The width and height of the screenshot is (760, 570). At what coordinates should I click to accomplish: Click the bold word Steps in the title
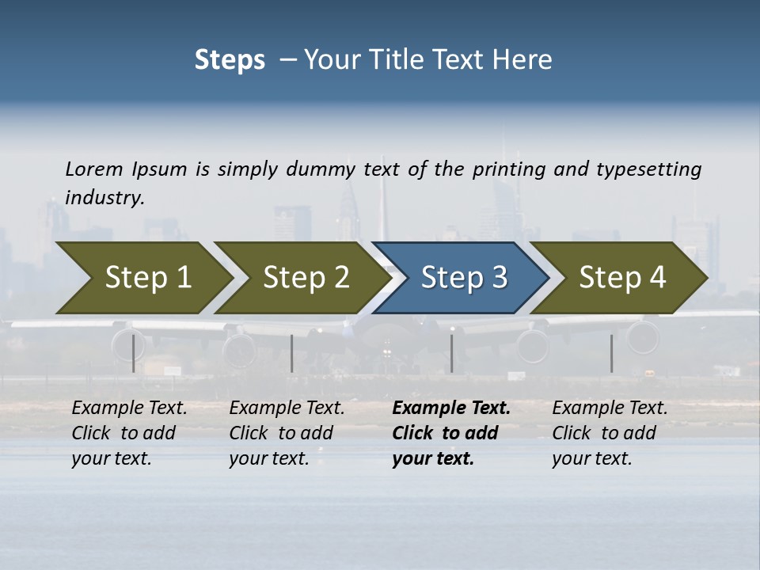(230, 60)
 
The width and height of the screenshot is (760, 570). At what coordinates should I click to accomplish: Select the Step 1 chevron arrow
(142, 277)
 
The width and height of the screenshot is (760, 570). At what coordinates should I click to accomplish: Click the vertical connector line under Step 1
(133, 353)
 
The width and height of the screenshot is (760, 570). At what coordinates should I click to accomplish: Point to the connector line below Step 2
(292, 353)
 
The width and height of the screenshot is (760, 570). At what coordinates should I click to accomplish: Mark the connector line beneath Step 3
(451, 353)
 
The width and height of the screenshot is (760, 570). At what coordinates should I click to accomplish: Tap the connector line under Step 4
(611, 353)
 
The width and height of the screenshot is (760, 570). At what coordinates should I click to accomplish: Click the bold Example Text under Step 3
(451, 408)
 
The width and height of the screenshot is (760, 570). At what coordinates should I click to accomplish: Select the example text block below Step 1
(129, 433)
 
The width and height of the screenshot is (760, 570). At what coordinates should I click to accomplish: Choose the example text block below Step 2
(287, 433)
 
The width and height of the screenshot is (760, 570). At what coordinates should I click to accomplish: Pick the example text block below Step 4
(610, 433)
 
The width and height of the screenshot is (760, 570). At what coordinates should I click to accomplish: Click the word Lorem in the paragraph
(94, 169)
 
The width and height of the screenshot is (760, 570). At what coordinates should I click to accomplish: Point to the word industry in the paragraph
(104, 198)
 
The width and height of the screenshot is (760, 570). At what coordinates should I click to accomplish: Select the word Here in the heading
(526, 60)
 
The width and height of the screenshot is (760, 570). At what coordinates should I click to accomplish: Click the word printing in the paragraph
(507, 169)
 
